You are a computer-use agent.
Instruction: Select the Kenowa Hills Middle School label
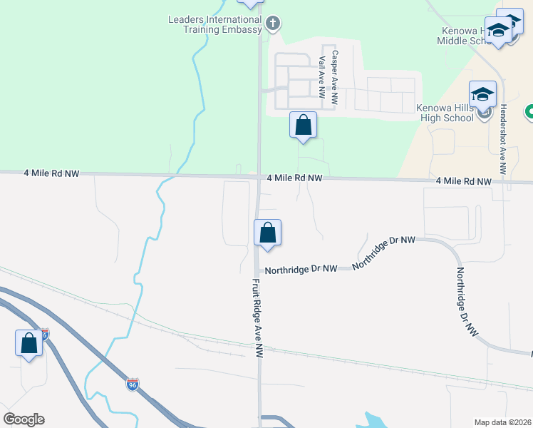[x=463, y=36]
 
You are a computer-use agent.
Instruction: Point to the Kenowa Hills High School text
[x=445, y=113]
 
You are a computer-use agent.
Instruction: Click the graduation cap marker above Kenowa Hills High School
[x=482, y=95]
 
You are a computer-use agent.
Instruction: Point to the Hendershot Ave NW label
[x=502, y=139]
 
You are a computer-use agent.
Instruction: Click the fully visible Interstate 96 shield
[x=133, y=384]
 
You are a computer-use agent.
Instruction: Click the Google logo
[x=24, y=419]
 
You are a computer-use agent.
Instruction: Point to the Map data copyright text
[x=502, y=422]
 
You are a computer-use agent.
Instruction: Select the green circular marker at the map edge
[x=529, y=112]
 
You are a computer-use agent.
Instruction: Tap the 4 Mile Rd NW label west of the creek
[x=51, y=173]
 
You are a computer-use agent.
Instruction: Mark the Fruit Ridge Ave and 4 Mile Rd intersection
[x=258, y=177]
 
